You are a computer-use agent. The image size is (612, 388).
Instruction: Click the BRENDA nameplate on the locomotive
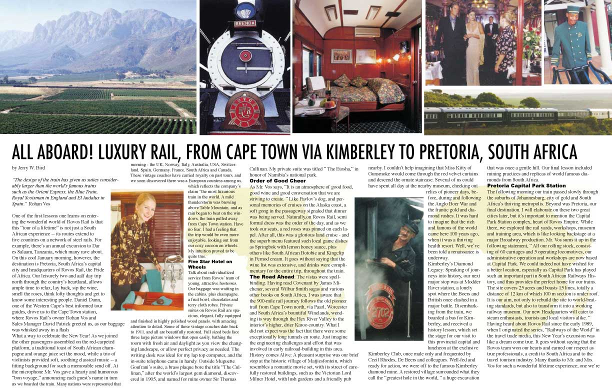[245, 23]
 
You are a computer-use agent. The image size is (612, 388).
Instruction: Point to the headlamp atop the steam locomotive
[245, 9]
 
